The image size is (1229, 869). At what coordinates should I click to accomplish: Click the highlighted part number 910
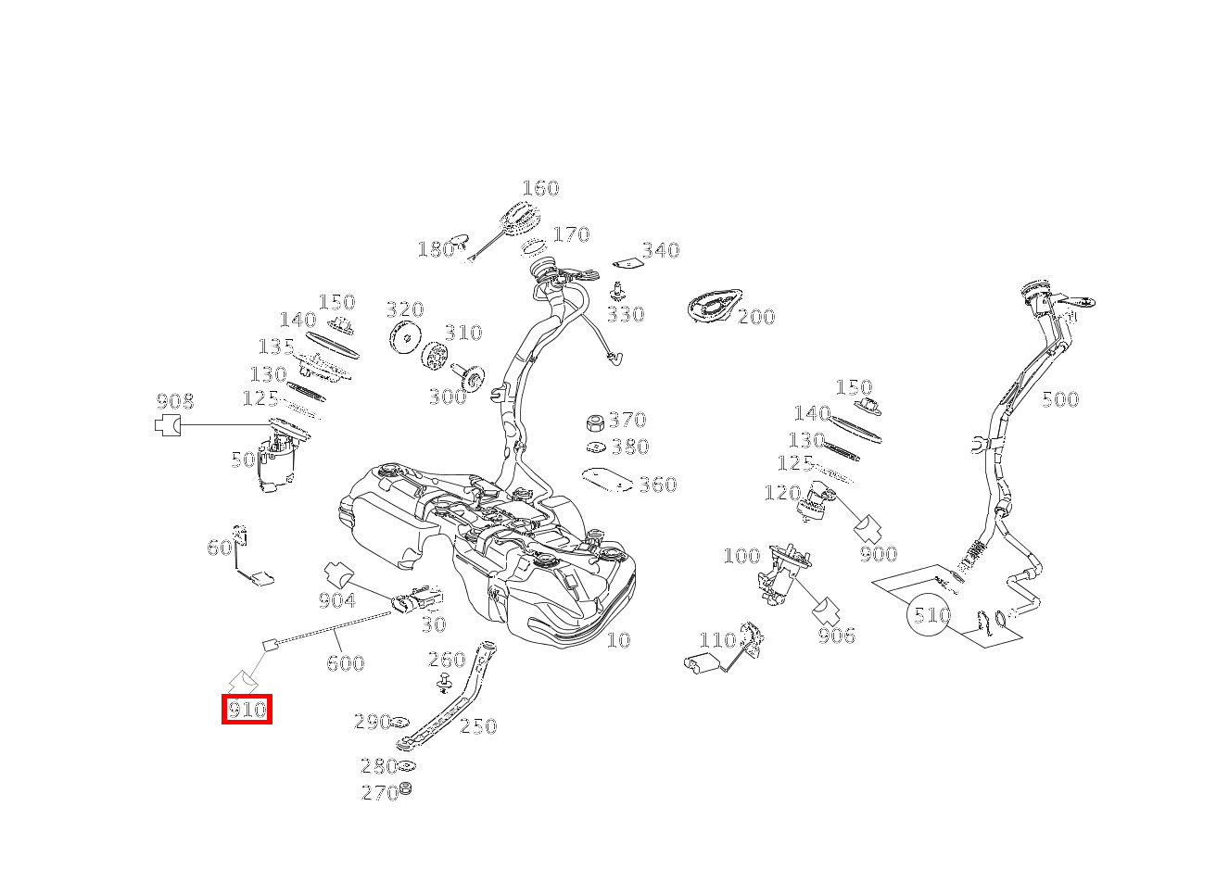(x=247, y=710)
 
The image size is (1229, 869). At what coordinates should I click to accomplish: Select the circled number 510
(x=929, y=614)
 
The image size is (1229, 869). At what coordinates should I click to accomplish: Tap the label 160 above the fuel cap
(x=540, y=188)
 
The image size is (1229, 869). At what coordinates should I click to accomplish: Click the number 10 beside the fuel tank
(x=618, y=639)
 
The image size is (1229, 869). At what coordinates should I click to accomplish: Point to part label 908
(x=175, y=401)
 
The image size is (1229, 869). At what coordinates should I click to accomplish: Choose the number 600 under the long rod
(x=345, y=663)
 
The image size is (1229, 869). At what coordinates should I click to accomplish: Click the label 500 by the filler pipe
(x=1060, y=399)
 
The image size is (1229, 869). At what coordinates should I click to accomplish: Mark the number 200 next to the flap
(x=756, y=316)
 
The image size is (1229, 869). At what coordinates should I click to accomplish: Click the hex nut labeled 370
(x=595, y=423)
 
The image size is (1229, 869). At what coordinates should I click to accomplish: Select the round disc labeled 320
(x=405, y=337)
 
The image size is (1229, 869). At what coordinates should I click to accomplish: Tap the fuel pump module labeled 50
(x=277, y=460)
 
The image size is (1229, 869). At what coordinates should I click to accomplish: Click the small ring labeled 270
(x=406, y=788)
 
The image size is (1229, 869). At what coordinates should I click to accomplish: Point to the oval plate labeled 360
(x=607, y=480)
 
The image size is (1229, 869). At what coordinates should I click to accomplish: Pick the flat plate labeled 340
(x=627, y=264)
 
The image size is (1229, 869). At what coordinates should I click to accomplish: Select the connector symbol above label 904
(x=338, y=573)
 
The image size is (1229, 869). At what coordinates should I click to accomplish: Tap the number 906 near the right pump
(x=836, y=636)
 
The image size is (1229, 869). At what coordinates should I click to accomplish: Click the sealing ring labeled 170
(x=533, y=247)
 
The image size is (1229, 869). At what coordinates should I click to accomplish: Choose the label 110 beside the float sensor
(x=717, y=640)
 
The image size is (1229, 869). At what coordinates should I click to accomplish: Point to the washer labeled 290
(x=400, y=721)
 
